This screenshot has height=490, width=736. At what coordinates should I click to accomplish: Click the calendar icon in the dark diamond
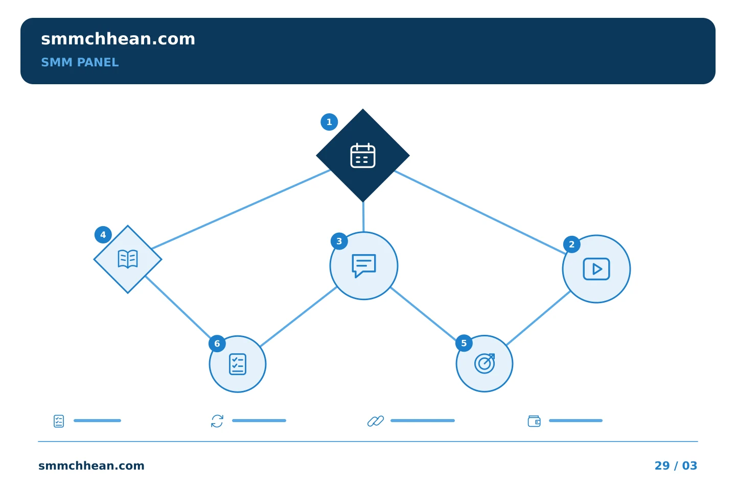pos(363,156)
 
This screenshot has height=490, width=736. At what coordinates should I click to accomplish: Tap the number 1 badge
pos(329,122)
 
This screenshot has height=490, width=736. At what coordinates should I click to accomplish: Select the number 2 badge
pos(572,244)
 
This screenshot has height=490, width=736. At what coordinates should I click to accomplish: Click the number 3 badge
pos(339,241)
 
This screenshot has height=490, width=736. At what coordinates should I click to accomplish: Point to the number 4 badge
pos(103,235)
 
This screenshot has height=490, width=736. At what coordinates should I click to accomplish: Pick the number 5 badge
pos(464,343)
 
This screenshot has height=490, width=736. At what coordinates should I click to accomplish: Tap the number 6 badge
pos(217,344)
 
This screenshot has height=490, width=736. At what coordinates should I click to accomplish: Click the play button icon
pos(596,269)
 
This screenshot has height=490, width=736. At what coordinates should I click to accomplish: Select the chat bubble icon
pos(364,266)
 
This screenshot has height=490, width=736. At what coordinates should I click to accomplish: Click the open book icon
pos(127,259)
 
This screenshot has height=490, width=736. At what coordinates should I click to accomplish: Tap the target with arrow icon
pos(485,363)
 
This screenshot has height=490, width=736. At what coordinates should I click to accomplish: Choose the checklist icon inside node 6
pos(238,364)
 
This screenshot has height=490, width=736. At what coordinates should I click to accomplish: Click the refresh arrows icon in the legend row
pos(217,421)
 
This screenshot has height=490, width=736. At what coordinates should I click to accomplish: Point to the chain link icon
pos(376,421)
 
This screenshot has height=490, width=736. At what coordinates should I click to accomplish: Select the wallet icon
pos(534,421)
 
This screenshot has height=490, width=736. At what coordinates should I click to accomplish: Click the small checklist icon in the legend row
pos(59,421)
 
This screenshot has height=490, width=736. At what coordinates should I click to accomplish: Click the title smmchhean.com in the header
pos(118,39)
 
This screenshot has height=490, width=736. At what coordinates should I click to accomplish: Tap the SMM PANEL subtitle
pos(80,62)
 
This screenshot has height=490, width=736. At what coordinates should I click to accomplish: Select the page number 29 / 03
pos(676,465)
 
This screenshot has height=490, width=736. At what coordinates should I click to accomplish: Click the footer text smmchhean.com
pos(91,465)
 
